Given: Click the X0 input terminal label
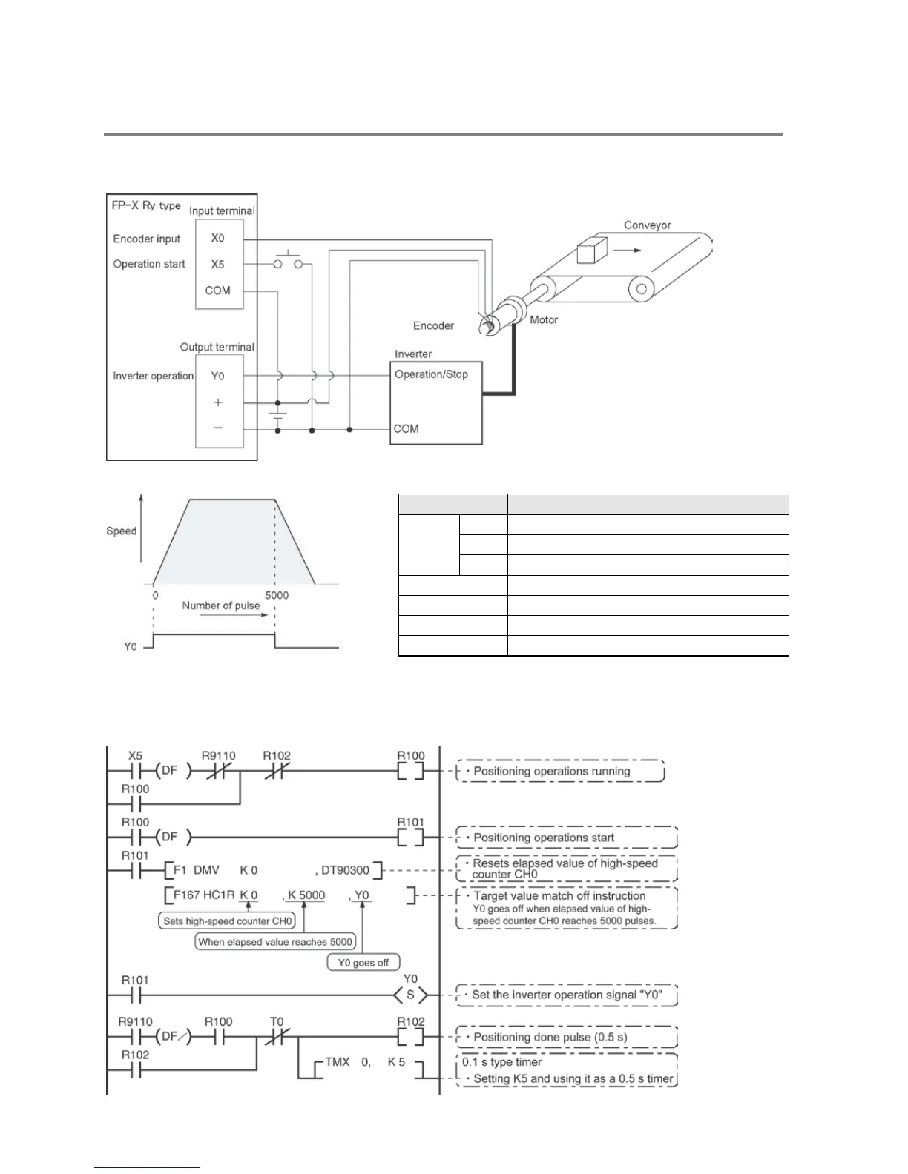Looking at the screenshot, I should coord(217,238).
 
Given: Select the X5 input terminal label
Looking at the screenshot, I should coord(217,265).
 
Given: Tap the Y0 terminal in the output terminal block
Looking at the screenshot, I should coord(217,376).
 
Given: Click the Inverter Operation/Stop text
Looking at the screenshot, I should coord(431,374).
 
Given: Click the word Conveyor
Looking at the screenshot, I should coord(647,225).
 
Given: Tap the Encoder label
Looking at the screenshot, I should coord(433,325).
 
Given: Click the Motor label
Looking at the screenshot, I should coord(544,320).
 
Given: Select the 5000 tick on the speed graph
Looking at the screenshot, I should coord(277,595).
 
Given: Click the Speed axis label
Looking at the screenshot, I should coord(122,531).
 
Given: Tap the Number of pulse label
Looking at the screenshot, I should coord(221,606).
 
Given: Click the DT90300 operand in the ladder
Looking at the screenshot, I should coord(345,869).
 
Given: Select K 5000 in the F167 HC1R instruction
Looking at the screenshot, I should coord(306,895).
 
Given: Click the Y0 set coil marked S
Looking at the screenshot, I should coord(410,995).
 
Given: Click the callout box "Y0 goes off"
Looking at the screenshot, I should coord(363,963).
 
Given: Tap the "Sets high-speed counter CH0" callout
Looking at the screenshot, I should coord(228,921).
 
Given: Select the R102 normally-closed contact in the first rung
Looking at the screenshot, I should coord(276,771).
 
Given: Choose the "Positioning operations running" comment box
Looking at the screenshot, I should coord(560,771).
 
